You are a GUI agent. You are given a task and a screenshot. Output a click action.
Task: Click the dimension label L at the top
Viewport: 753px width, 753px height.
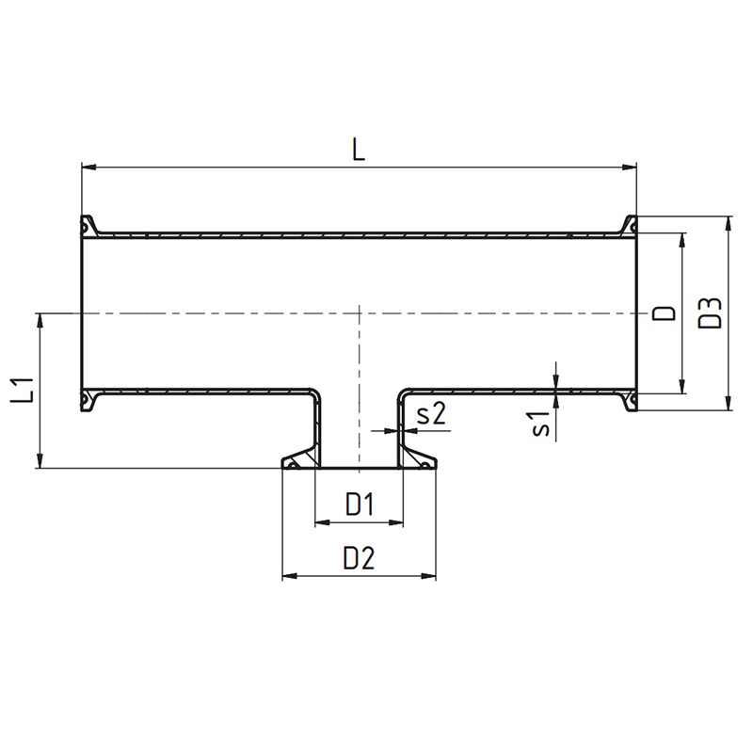coord(359,149)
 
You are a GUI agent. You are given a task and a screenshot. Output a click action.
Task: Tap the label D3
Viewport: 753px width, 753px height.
coord(710,313)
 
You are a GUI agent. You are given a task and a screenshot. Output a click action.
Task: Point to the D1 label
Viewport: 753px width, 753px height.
coord(360,504)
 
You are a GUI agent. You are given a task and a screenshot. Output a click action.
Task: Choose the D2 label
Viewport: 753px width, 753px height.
coord(359,558)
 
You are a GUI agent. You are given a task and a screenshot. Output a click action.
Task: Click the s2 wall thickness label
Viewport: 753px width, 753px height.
coord(431,413)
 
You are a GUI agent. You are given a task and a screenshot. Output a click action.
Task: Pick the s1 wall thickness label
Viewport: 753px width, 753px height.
coord(541,423)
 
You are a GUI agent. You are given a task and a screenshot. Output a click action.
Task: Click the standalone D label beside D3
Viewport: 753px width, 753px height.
coord(665,313)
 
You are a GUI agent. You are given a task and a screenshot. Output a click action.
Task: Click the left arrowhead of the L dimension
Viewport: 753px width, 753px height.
coord(88,168)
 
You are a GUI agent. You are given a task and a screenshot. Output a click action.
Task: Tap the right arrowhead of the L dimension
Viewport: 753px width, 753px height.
coord(629,168)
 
